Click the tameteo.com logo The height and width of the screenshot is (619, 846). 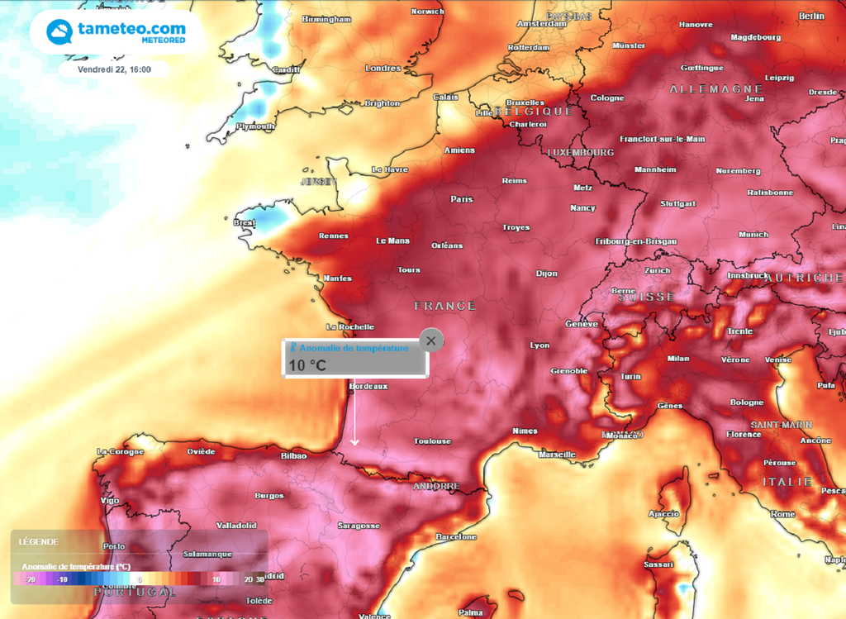(116, 32)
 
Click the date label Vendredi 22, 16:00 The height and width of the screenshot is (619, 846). (114, 69)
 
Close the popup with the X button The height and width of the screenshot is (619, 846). (431, 340)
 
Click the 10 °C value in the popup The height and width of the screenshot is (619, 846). (307, 364)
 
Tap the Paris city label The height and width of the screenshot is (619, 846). (461, 199)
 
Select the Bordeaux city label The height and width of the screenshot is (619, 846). (368, 386)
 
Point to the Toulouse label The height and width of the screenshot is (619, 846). (433, 441)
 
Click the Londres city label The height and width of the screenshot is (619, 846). (383, 69)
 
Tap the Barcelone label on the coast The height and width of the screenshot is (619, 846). (456, 537)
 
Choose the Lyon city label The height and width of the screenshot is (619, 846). (539, 345)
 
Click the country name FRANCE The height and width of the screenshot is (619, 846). (445, 306)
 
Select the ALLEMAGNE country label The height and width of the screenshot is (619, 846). (715, 88)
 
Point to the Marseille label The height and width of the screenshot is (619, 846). (556, 455)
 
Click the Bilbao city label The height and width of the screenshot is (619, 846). (293, 455)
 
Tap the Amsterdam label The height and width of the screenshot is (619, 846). (542, 24)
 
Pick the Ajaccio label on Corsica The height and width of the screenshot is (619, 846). (664, 513)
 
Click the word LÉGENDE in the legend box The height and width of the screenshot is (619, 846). (38, 542)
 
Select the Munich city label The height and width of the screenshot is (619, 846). (753, 235)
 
